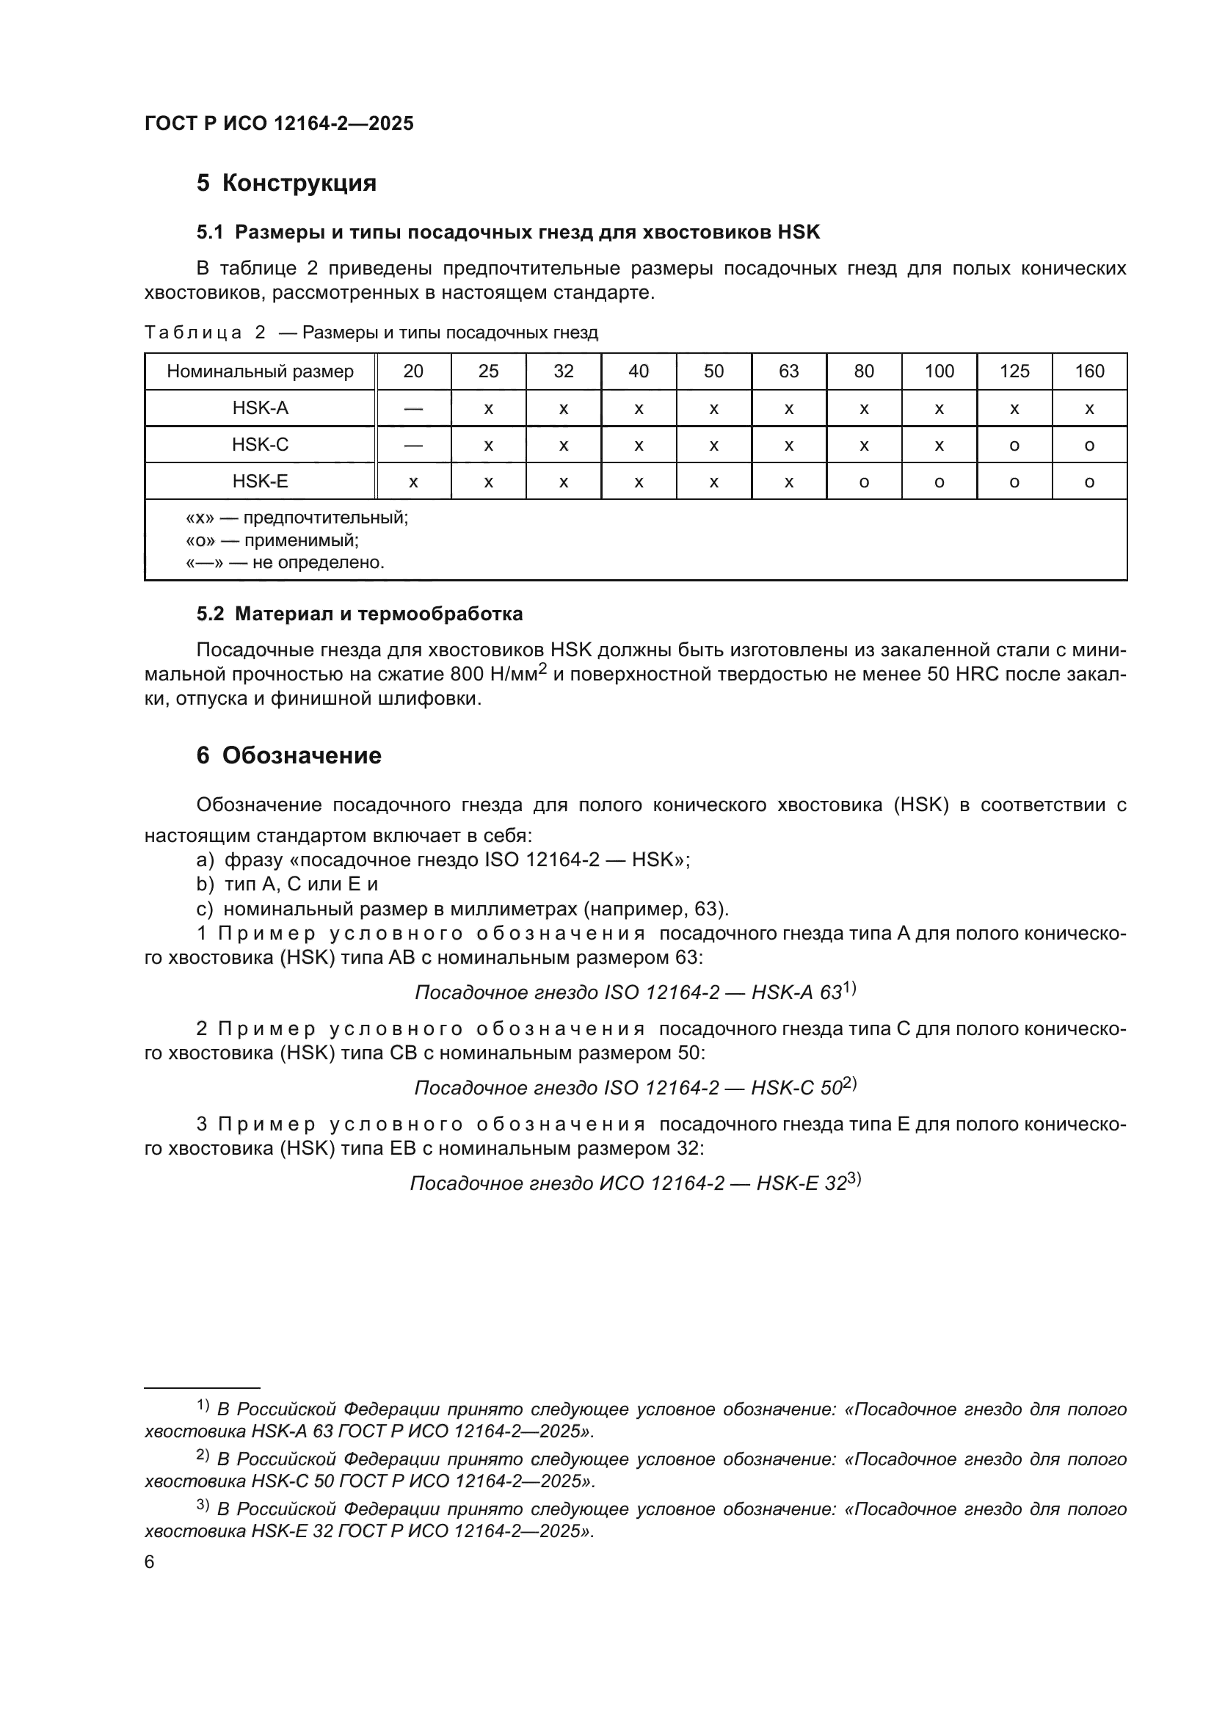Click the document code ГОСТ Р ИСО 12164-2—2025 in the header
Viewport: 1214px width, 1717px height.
[279, 124]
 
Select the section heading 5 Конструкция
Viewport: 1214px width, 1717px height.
[286, 184]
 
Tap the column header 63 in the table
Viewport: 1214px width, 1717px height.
[788, 371]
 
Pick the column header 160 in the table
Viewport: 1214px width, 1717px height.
[1089, 371]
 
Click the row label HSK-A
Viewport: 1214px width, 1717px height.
[259, 408]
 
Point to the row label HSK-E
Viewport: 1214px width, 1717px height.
[259, 482]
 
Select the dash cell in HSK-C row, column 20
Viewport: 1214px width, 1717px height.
[413, 445]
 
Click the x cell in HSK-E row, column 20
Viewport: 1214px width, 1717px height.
[413, 482]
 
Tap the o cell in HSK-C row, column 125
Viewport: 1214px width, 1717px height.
[1014, 446]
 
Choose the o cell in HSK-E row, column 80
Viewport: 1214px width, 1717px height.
[864, 482]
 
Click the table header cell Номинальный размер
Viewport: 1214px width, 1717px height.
[259, 371]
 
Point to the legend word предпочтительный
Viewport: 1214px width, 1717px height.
[325, 518]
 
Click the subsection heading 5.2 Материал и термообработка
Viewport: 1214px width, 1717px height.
[359, 614]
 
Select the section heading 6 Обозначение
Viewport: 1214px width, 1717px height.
[288, 755]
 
